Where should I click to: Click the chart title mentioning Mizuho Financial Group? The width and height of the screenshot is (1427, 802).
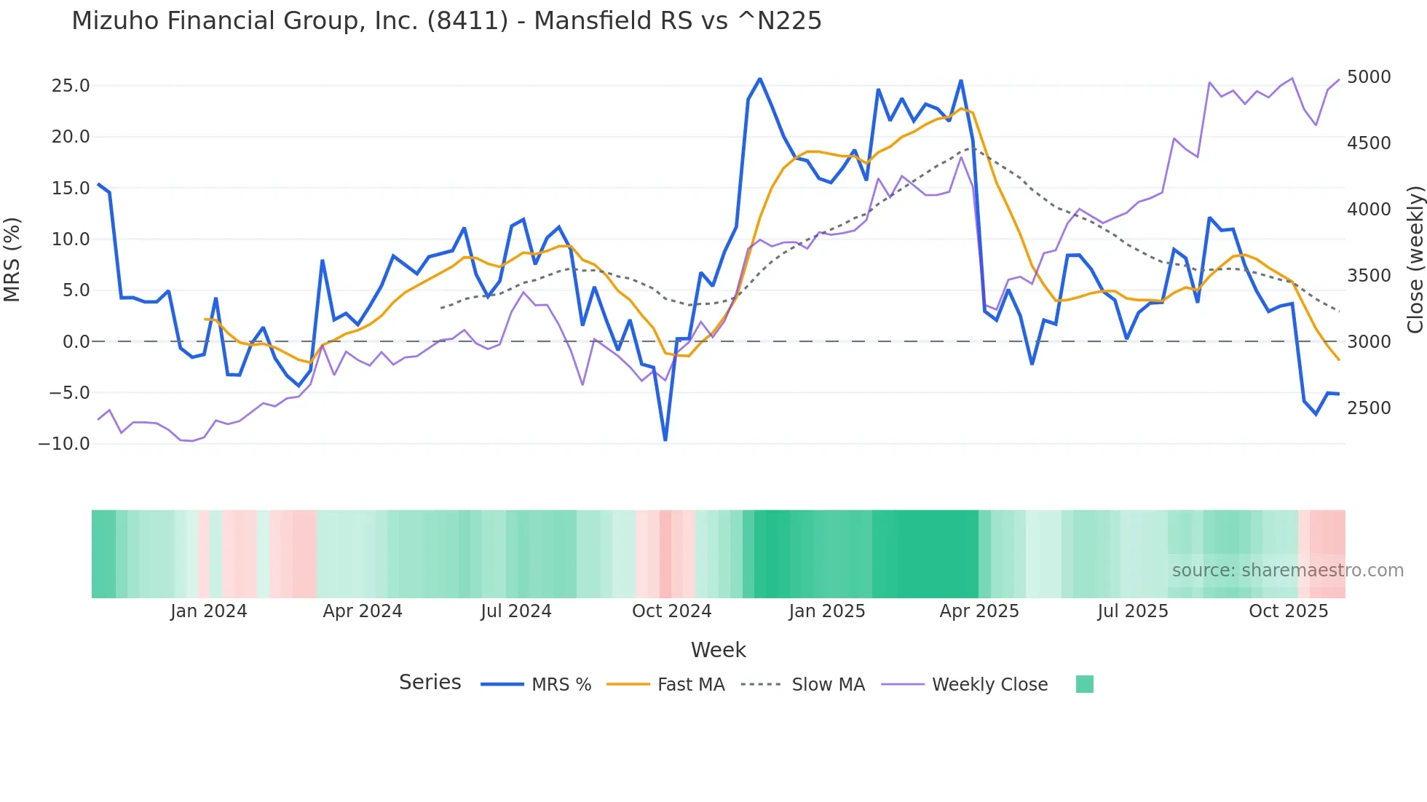(x=446, y=21)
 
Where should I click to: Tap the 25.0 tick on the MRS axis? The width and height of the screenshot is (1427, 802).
(x=71, y=86)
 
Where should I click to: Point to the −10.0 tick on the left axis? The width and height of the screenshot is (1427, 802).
(x=64, y=443)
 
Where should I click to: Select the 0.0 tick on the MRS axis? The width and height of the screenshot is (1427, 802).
(x=76, y=341)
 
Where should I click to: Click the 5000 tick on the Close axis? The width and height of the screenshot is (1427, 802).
(x=1369, y=77)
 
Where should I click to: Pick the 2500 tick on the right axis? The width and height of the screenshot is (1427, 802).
(x=1369, y=408)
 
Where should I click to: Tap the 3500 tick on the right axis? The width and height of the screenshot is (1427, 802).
(x=1369, y=276)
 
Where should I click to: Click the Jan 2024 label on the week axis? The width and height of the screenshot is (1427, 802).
(x=209, y=611)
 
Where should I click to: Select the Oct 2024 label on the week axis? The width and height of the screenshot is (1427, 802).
(x=671, y=611)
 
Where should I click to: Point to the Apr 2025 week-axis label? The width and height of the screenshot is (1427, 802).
(x=979, y=611)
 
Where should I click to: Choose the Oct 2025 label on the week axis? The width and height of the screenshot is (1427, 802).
(x=1289, y=611)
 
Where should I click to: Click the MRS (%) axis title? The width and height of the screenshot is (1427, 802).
(x=12, y=259)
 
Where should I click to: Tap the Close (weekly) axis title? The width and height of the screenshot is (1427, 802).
(x=1415, y=259)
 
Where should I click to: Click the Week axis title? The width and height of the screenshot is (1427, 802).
(x=718, y=650)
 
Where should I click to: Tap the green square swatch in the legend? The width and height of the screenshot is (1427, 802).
(x=1085, y=684)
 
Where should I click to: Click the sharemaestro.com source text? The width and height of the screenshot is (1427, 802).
(x=1287, y=571)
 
